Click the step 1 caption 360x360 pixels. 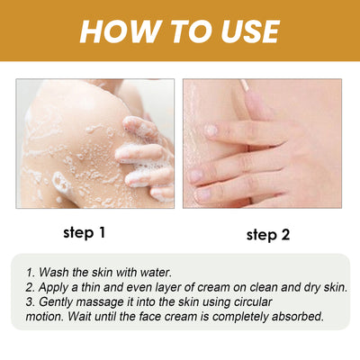tap(85, 232)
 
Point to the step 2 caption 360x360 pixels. tap(268, 235)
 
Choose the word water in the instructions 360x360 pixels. tap(167, 272)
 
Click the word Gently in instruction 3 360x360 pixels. tap(58, 301)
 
